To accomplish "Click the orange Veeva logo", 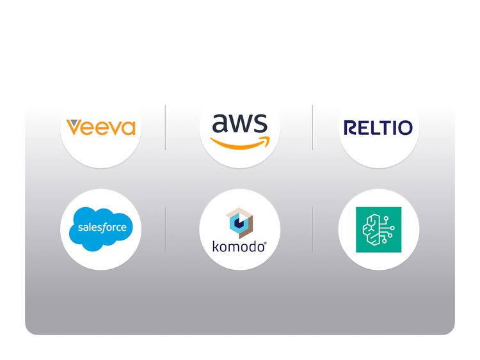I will click(x=101, y=127).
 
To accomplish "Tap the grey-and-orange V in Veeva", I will click(x=74, y=127).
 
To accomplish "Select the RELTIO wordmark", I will click(x=378, y=127).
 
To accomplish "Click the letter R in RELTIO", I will click(x=351, y=127).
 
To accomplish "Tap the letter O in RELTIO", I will click(x=405, y=127).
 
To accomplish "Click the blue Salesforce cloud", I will click(x=101, y=228).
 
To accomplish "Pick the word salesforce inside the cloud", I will click(x=102, y=227).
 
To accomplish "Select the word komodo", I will click(x=237, y=246).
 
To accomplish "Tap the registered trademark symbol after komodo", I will click(x=266, y=242).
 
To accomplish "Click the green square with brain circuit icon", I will click(x=378, y=229).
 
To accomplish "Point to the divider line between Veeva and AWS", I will click(x=166, y=127).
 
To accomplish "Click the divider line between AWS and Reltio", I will click(x=312, y=127).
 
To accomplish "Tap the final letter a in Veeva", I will click(x=128, y=128).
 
